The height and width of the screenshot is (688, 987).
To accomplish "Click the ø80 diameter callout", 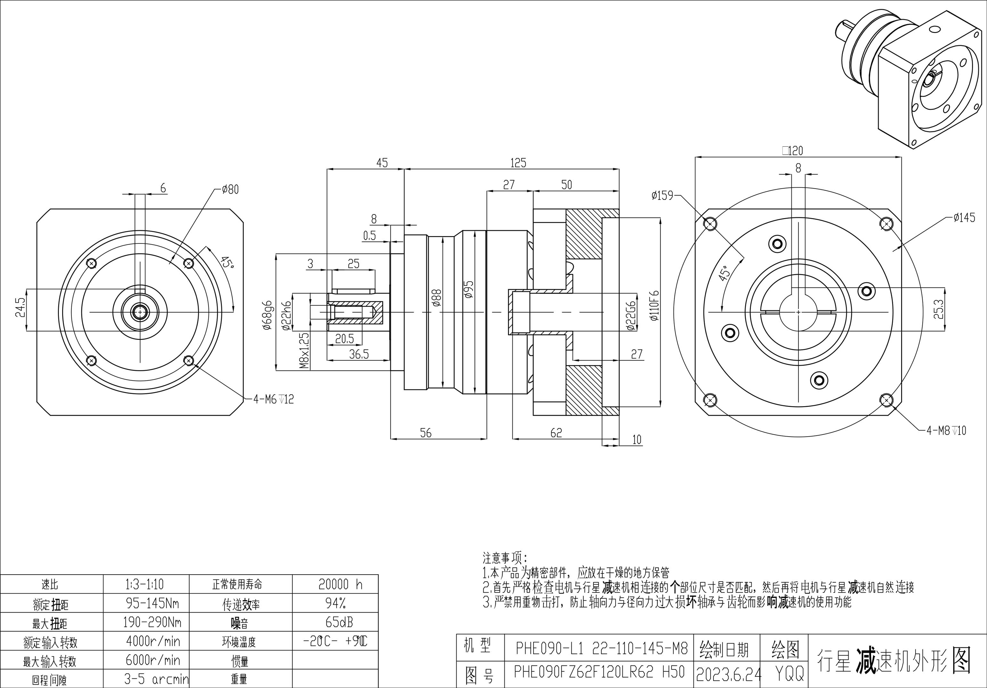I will coord(230,190).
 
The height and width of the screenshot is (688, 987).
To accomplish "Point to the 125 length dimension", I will coord(518,163).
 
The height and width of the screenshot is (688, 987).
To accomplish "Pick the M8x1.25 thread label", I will coord(304,350).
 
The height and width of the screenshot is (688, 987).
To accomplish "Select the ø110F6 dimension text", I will coord(655,306).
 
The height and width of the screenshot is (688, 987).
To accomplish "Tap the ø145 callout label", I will coord(964,218).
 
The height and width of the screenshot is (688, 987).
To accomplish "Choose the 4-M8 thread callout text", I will coord(946,430).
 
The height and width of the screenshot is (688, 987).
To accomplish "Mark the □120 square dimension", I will coord(792,151).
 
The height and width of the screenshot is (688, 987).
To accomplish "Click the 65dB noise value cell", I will coord(339,622).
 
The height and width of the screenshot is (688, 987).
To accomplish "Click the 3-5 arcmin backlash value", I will coord(156,679).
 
